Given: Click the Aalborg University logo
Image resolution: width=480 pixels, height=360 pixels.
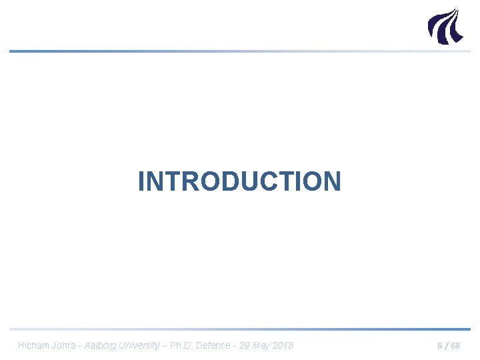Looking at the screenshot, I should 444,26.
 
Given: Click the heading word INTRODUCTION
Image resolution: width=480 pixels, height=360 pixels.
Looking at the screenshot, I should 239,181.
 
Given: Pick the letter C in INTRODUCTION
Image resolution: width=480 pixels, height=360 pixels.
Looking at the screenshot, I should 264,181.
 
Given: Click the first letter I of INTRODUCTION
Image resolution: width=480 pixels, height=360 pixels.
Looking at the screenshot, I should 141,181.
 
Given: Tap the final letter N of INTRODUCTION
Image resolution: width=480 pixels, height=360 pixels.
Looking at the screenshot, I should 331,181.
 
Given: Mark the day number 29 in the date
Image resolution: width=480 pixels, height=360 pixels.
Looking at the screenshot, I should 244,345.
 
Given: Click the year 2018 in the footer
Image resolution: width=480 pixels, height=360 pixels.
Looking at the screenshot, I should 283,345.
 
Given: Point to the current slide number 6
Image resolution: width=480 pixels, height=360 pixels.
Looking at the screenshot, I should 439,346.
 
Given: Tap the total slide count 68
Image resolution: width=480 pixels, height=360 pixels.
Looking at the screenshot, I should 455,346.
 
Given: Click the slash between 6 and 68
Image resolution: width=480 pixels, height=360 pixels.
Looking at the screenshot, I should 446,346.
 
